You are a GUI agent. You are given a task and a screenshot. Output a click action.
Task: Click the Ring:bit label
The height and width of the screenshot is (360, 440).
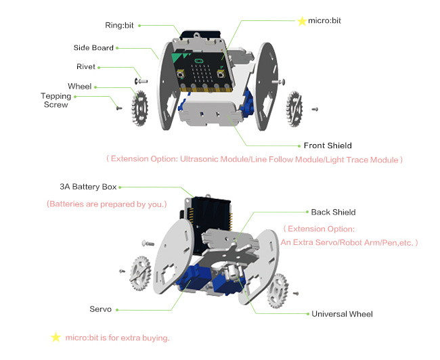click(x=118, y=26)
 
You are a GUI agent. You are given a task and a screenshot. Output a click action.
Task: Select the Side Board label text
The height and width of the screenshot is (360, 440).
click(x=93, y=48)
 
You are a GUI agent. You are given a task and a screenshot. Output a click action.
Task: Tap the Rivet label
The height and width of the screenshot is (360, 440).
click(x=86, y=67)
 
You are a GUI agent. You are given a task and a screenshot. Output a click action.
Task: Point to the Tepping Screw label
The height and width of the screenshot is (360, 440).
click(x=56, y=100)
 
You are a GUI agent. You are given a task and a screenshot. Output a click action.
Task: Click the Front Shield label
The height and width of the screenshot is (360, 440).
click(x=328, y=145)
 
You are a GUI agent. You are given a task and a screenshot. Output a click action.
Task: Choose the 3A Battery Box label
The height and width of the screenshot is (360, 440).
click(x=88, y=187)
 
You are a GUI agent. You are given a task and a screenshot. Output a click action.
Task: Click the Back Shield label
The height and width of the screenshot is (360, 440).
click(x=333, y=212)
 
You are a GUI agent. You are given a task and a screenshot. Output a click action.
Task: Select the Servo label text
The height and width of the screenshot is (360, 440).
click(x=100, y=309)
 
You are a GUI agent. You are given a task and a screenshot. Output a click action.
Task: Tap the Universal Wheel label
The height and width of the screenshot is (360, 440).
click(x=342, y=314)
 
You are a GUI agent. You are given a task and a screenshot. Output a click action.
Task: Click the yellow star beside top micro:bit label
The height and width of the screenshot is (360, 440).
click(x=301, y=21)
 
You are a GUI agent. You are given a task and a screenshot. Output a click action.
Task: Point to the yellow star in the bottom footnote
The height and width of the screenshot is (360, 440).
click(x=56, y=337)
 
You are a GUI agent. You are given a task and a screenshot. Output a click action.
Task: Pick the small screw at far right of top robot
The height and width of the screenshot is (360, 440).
click(x=315, y=108)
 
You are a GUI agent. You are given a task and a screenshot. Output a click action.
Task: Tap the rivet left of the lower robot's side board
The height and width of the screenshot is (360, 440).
click(x=147, y=242)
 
